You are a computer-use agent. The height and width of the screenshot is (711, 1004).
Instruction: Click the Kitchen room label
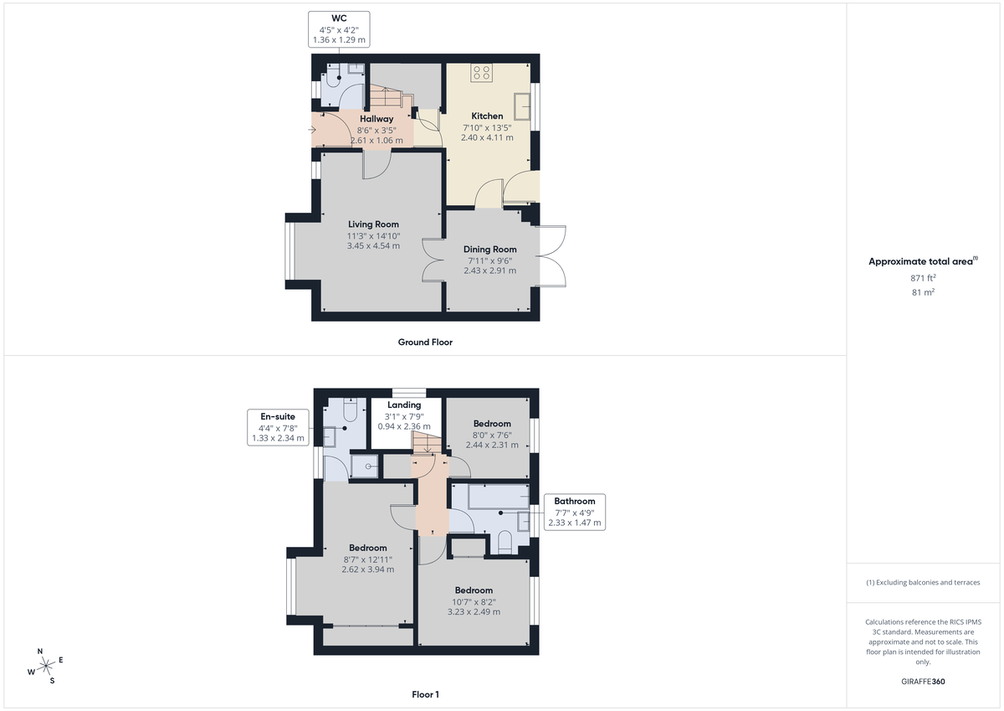point(487,116)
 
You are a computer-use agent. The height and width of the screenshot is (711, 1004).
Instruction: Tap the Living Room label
point(373,224)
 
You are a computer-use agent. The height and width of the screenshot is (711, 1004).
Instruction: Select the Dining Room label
point(490,250)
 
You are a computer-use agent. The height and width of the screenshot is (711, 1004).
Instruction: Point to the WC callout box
point(339,28)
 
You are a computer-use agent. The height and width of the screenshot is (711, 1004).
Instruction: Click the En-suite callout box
point(278,426)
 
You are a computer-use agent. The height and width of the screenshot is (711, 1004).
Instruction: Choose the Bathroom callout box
point(574,512)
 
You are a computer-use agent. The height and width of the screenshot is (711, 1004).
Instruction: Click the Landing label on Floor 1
point(403,405)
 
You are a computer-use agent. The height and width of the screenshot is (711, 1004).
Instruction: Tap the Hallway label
point(376,119)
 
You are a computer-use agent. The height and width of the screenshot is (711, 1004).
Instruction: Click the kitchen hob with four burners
point(481,73)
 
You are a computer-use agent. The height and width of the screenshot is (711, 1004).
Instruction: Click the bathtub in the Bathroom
point(489,497)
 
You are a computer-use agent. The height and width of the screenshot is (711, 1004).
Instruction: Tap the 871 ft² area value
point(923,277)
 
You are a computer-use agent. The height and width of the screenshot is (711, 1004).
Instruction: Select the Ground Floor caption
point(425,343)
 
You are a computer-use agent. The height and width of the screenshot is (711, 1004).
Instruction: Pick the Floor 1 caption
point(425,694)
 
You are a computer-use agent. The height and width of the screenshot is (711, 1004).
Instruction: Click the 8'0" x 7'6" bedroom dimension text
point(487,435)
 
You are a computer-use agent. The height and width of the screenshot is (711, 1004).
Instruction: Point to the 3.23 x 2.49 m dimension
point(473,612)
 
